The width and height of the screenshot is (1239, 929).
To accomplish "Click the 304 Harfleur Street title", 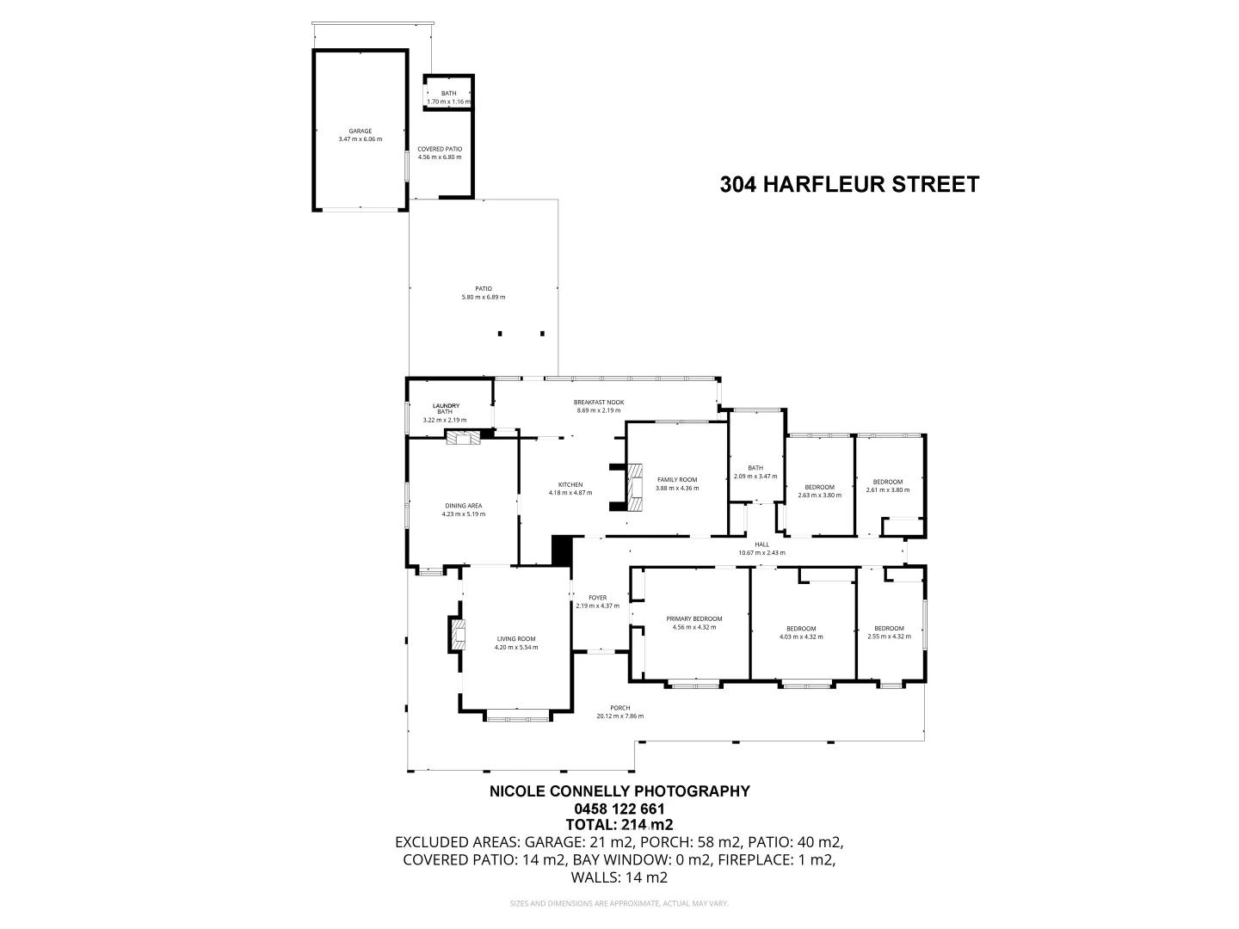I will (x=849, y=185).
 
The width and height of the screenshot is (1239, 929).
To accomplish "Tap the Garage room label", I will (x=360, y=132).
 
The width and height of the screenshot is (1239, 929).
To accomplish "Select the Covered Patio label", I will (x=440, y=149).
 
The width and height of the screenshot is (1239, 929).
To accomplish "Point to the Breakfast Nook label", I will (x=598, y=403).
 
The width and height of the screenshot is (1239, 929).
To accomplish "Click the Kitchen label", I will (x=570, y=485).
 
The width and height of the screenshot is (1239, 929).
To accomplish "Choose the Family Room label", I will (x=676, y=480).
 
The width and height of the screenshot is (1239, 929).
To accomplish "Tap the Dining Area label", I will (x=463, y=506).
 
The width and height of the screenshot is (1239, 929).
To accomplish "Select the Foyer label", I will (x=597, y=598).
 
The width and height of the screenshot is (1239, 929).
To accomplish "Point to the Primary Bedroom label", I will (x=693, y=619).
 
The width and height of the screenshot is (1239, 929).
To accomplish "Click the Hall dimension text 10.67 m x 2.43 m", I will (x=761, y=553).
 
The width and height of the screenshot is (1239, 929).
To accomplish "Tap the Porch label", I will (x=619, y=708).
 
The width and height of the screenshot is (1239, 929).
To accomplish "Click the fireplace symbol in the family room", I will (x=634, y=488).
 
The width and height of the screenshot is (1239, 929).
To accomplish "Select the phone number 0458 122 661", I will (x=619, y=809).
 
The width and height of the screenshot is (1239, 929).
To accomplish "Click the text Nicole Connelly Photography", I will (x=619, y=791).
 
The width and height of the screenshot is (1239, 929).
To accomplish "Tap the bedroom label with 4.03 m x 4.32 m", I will (x=801, y=629).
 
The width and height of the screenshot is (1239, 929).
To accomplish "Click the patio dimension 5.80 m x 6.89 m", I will (x=483, y=298).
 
